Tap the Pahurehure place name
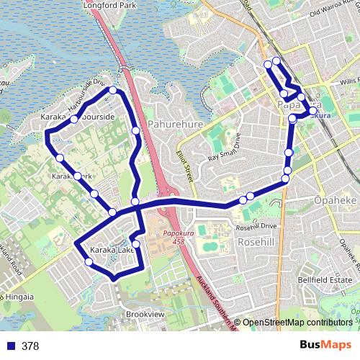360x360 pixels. tap(176, 124)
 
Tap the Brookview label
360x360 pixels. tap(145, 315)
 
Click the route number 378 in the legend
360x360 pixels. tap(30, 346)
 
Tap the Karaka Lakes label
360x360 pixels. tap(112, 250)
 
